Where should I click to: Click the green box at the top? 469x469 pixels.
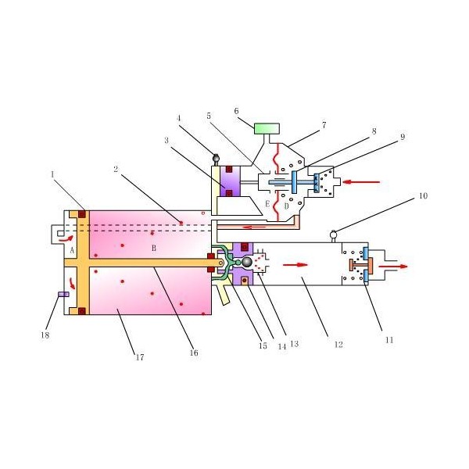tap(267, 129)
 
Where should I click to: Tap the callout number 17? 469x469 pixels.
tap(140, 357)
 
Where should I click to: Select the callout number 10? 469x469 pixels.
tap(423, 196)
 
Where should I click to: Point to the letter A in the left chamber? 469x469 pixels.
tap(72, 250)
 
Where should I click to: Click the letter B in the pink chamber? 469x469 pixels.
tap(154, 248)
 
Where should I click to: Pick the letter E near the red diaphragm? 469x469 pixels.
tap(267, 204)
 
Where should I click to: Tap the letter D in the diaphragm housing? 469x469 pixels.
tap(287, 206)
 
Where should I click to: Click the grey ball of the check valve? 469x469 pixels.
tap(247, 263)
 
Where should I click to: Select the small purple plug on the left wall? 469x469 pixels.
tap(63, 295)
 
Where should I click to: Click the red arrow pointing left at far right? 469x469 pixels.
tap(361, 181)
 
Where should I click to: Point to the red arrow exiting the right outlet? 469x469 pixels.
tap(393, 267)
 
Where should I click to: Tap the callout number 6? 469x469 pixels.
tap(236, 111)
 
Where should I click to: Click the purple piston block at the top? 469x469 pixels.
tap(230, 181)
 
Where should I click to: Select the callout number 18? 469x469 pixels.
tap(45, 335)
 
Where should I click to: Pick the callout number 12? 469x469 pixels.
tap(338, 345)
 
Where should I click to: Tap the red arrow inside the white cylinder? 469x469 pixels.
tap(295, 265)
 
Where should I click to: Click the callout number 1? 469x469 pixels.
tap(52, 174)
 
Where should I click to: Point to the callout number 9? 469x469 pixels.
tap(403, 137)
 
